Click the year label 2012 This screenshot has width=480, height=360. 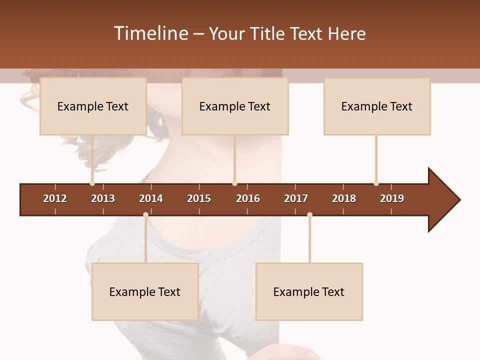(x=55, y=198)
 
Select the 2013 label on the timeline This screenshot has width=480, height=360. (x=103, y=198)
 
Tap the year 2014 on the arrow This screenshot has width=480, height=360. (x=151, y=198)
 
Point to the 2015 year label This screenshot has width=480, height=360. (x=199, y=198)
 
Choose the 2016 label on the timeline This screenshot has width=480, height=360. (x=248, y=198)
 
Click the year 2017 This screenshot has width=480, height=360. (x=296, y=198)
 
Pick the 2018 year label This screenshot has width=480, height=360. (x=344, y=198)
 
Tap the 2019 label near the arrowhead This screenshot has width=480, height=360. (x=392, y=198)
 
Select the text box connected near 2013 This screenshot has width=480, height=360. (x=93, y=106)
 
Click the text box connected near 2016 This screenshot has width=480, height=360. (x=235, y=106)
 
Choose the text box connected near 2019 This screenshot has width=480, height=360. (x=377, y=106)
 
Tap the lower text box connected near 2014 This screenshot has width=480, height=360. (x=145, y=292)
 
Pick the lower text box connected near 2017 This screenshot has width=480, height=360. (x=309, y=292)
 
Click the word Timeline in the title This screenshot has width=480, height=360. (x=150, y=33)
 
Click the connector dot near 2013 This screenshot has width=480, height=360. (x=92, y=183)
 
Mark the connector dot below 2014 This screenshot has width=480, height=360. (x=145, y=215)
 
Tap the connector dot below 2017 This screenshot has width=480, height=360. (x=309, y=215)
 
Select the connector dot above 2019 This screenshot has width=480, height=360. (x=376, y=183)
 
